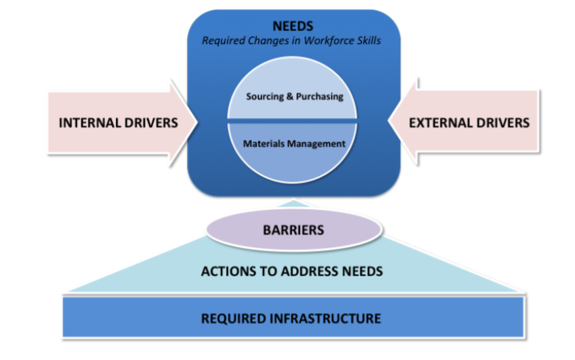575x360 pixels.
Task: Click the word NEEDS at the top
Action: tap(293, 26)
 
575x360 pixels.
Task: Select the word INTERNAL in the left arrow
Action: tap(89, 122)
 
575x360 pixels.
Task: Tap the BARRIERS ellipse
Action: tap(293, 229)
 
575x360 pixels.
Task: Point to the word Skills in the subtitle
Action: tap(368, 40)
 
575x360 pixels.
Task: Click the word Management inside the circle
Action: tap(315, 144)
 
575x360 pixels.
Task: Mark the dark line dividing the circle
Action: tap(293, 120)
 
